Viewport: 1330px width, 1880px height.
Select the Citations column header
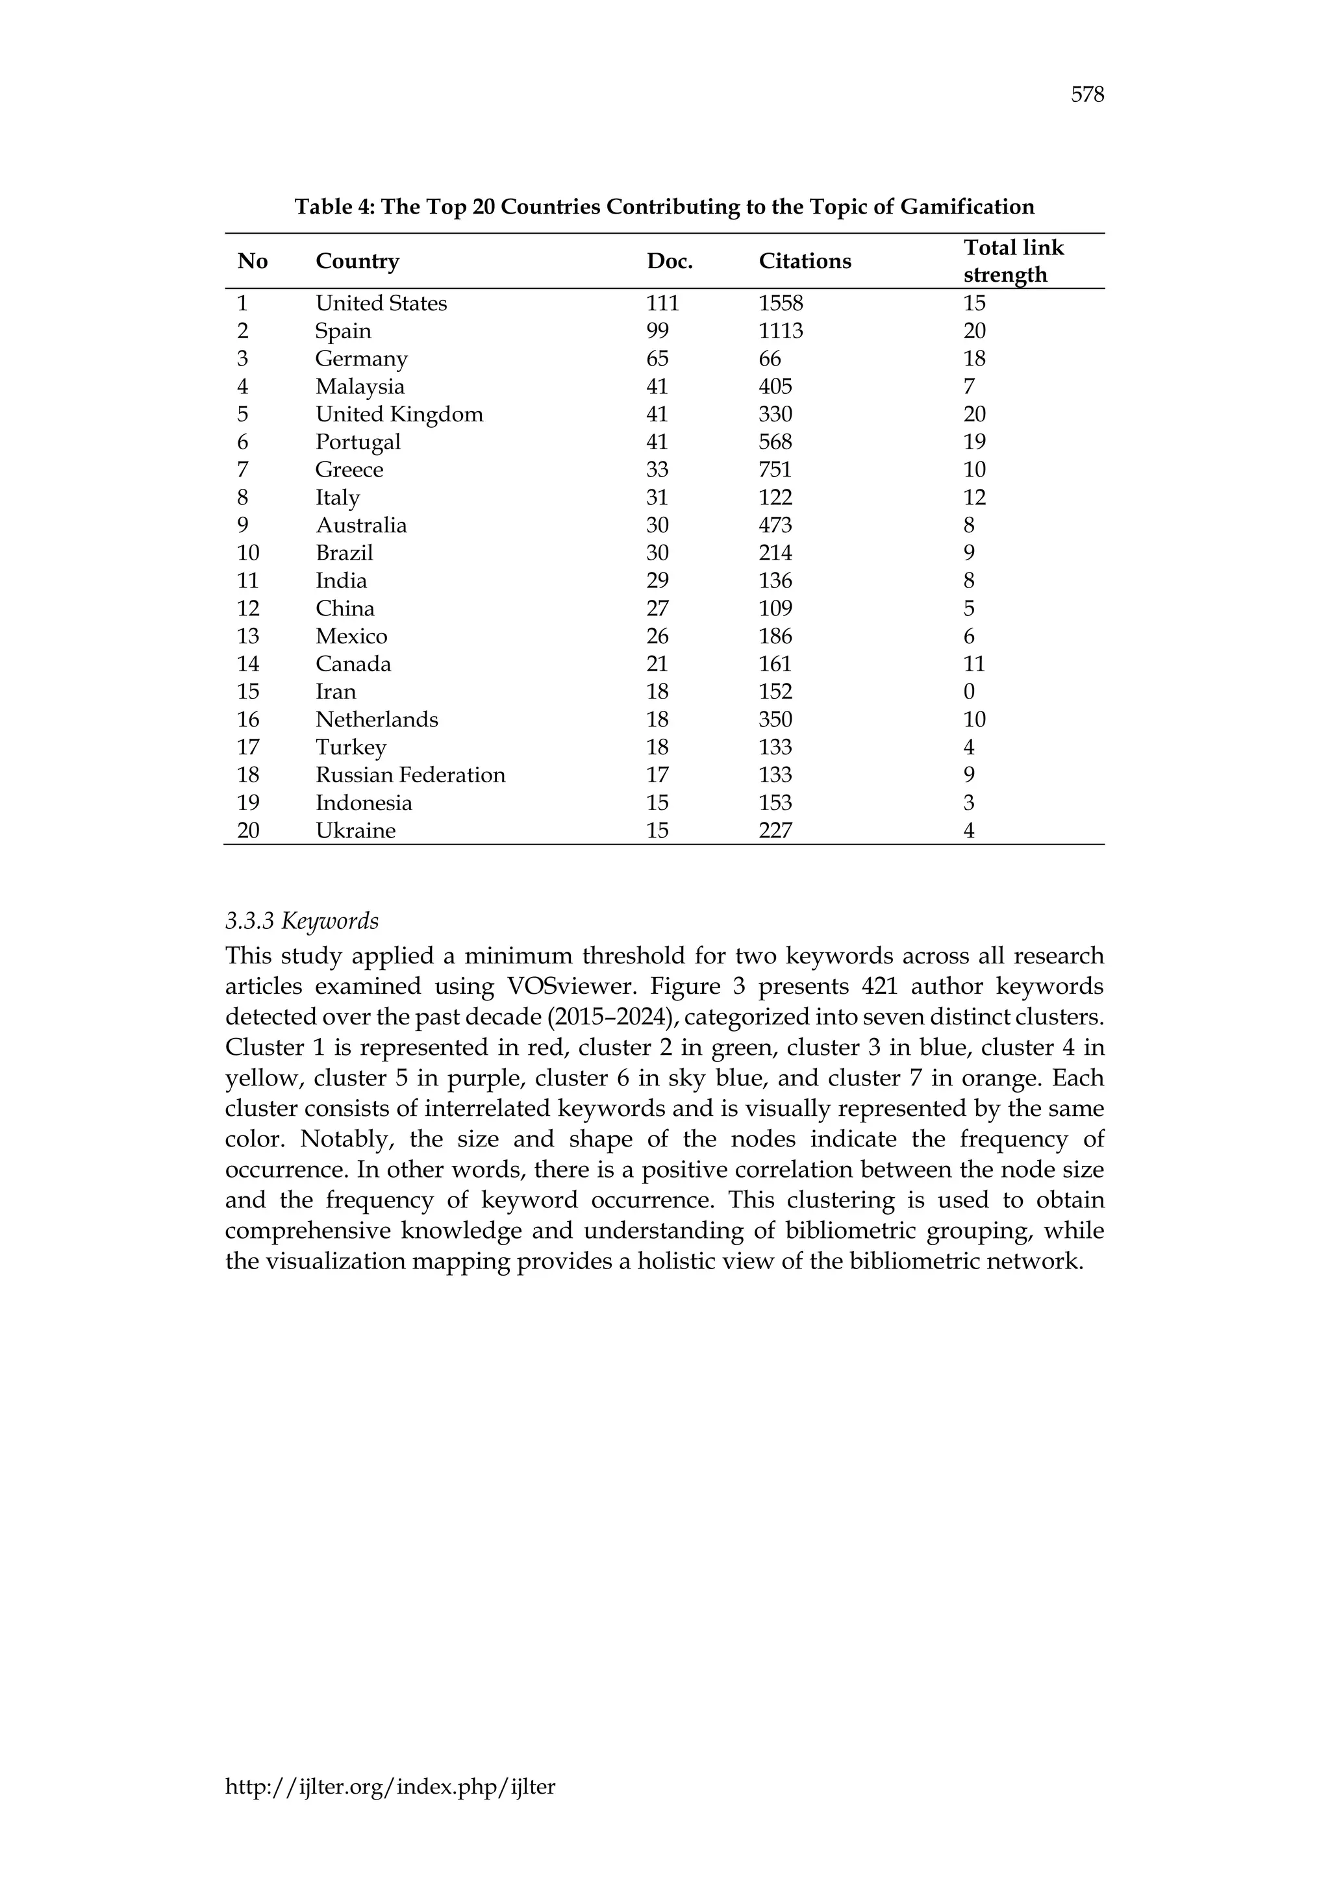(804, 261)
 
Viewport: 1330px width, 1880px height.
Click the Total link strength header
(1013, 260)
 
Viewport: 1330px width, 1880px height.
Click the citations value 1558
(780, 304)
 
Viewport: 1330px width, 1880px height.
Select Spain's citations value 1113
(780, 332)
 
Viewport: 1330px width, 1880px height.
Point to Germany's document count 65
(657, 358)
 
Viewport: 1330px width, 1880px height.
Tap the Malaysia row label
(360, 386)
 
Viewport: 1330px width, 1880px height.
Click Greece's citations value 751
(775, 470)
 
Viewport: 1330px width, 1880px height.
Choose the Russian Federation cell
(410, 775)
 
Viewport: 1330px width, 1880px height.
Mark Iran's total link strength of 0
(969, 692)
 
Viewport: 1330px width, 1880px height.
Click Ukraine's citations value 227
(775, 831)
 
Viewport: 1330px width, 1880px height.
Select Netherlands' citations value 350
(775, 720)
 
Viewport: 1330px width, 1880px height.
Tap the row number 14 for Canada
(247, 664)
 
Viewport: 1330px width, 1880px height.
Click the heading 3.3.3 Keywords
(301, 921)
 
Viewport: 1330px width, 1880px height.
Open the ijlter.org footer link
(390, 1787)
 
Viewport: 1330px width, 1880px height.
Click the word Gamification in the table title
(966, 206)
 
